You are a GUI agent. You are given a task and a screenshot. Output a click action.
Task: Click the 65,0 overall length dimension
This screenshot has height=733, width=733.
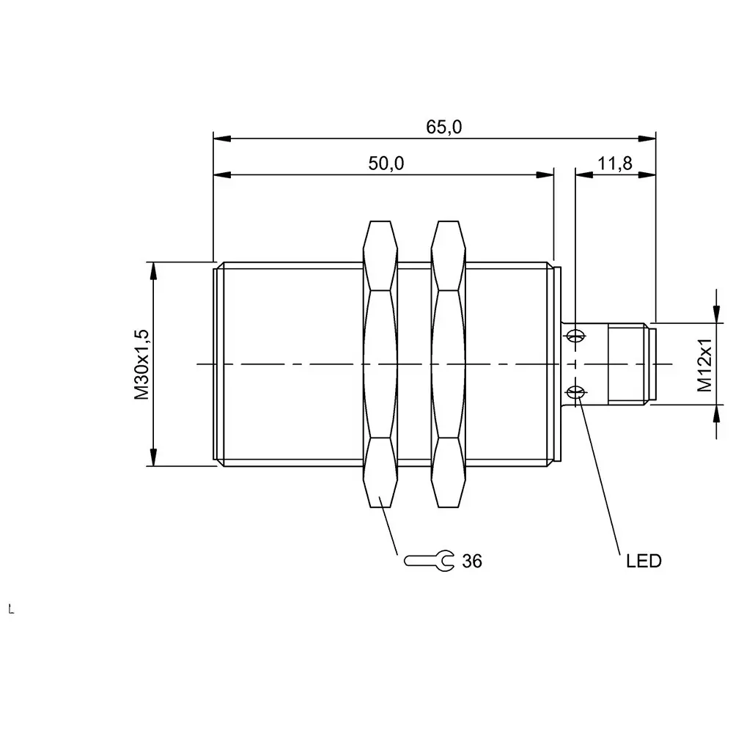[444, 127]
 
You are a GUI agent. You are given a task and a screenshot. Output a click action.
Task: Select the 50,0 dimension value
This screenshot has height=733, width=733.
[386, 164]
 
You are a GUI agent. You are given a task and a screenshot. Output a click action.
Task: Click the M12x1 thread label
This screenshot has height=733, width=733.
[704, 365]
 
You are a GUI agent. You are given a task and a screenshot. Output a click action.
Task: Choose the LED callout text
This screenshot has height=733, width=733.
[644, 561]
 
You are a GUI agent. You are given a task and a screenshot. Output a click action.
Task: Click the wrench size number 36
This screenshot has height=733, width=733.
[472, 561]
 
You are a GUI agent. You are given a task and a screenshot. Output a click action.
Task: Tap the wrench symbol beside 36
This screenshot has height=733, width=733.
[429, 561]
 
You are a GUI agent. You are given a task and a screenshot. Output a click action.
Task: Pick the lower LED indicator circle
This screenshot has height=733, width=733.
[577, 393]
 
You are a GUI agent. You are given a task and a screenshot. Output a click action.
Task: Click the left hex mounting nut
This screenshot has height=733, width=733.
[380, 364]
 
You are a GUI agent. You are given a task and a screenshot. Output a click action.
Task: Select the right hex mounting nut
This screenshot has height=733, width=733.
[449, 364]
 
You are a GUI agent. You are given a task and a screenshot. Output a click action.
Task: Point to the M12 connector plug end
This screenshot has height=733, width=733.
[630, 364]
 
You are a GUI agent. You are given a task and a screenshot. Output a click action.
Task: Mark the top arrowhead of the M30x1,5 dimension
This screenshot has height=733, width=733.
[153, 270]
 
